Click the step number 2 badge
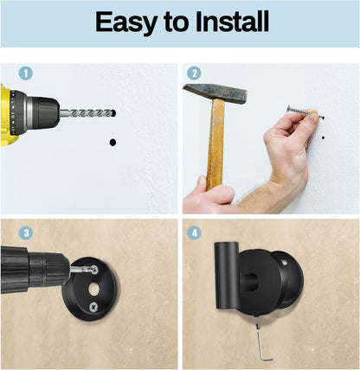(195, 74)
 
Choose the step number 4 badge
(195, 233)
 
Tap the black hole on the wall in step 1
(112, 141)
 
